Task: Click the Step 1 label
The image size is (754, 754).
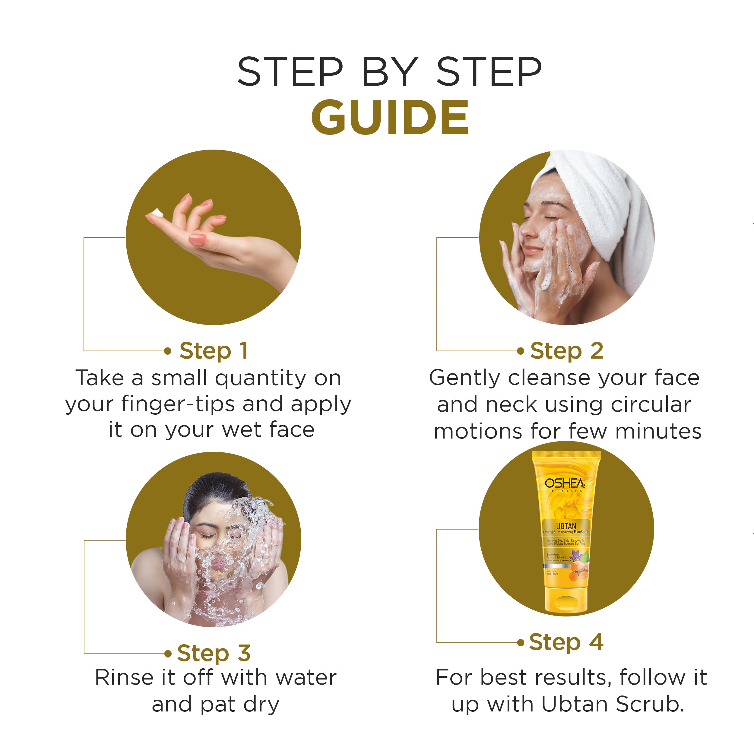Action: [213, 350]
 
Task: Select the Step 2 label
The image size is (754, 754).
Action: [566, 350]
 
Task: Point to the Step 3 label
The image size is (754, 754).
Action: [213, 653]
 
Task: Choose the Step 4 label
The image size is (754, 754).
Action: [566, 642]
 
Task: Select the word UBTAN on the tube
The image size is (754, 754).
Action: [566, 526]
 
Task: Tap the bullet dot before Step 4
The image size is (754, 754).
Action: [520, 643]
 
